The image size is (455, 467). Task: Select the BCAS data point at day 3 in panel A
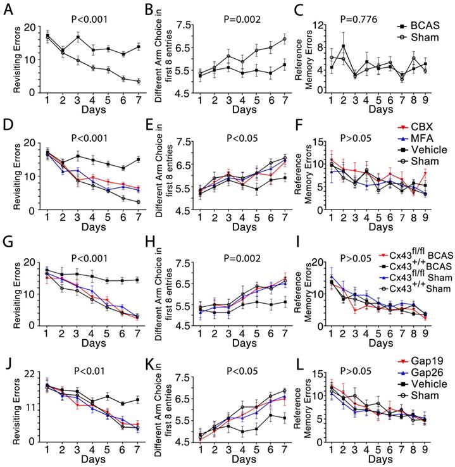[x=78, y=37]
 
